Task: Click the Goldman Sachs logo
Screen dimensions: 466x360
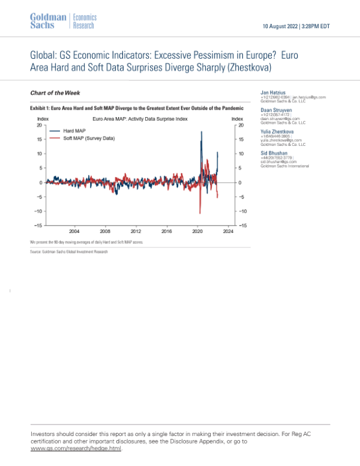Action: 48,21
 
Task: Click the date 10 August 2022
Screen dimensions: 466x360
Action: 282,26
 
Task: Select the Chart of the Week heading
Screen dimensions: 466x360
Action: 55,92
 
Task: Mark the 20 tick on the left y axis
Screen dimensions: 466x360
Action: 39,125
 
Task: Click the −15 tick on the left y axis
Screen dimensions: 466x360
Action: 37,225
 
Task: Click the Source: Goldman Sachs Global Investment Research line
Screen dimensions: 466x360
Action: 69,252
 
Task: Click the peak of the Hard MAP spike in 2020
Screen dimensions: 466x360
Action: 201,132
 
